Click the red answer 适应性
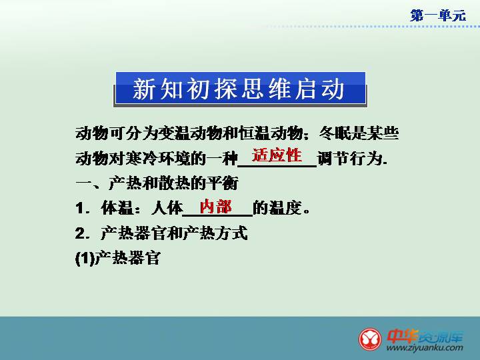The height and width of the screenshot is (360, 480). [277, 155]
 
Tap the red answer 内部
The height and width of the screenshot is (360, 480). [215, 206]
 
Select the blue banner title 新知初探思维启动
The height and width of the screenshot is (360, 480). [239, 89]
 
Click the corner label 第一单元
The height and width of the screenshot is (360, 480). [438, 15]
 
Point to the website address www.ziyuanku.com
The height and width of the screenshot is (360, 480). [425, 347]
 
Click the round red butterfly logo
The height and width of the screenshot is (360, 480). [370, 339]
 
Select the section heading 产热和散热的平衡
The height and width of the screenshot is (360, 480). [173, 183]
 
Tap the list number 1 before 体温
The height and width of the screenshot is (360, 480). [79, 209]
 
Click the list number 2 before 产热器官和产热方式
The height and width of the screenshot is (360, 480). [80, 233]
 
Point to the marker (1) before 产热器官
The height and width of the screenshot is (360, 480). [85, 259]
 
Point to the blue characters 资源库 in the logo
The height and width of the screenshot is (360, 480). [441, 337]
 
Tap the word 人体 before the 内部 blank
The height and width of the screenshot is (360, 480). [167, 208]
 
